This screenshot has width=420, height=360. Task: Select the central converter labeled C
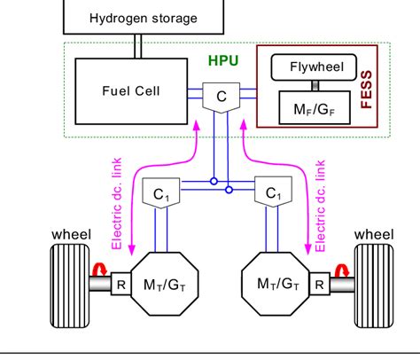(x=217, y=94)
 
